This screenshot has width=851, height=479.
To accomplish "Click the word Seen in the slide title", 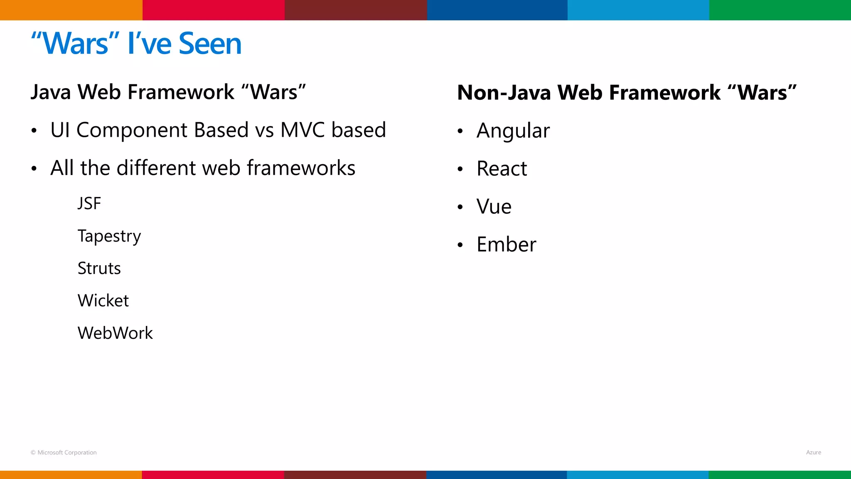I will click(x=210, y=44).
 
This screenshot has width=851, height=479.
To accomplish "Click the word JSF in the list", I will click(x=89, y=204).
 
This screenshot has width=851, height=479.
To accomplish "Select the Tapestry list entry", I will click(x=109, y=236).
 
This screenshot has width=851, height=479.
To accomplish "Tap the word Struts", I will click(x=99, y=269).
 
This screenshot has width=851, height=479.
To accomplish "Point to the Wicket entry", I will click(x=103, y=301).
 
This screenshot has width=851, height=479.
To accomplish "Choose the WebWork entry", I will click(x=115, y=333).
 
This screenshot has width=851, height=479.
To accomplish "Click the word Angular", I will click(x=513, y=131).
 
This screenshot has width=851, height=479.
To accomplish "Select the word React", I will click(x=502, y=169).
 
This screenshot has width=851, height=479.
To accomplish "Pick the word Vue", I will click(x=494, y=207).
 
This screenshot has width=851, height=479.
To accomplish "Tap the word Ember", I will click(x=506, y=244).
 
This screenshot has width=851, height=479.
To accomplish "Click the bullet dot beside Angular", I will click(x=460, y=131).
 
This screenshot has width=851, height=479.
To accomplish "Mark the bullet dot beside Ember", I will click(x=460, y=245).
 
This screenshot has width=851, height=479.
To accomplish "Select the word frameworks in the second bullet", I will click(x=301, y=168).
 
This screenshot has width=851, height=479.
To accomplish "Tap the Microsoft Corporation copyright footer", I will click(x=64, y=452).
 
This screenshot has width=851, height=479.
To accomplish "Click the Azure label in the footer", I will click(x=813, y=452).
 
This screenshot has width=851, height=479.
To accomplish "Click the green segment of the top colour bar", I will click(x=780, y=10).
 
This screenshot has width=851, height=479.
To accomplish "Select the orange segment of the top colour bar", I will click(x=71, y=10).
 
